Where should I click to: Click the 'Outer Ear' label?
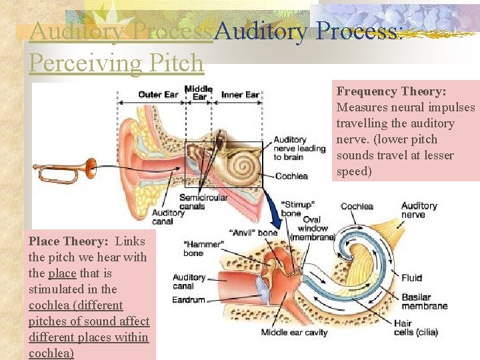158,95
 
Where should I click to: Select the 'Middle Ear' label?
199,93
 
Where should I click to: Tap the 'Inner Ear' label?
240,95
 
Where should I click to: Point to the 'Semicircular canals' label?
203,201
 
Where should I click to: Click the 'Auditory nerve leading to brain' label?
299,149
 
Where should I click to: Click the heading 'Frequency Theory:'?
391,91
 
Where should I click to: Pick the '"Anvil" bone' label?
253,233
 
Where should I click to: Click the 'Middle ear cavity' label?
295,333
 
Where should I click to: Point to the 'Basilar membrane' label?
425,301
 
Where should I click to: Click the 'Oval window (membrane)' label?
312,228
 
